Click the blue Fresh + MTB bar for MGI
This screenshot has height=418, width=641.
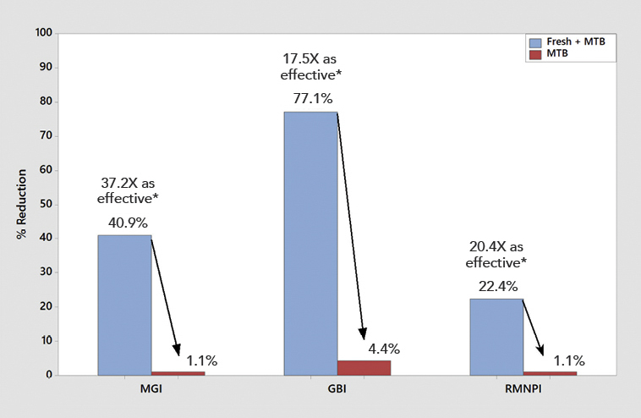(x=124, y=305)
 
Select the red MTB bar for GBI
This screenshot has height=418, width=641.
(x=364, y=367)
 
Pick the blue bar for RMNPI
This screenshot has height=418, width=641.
(x=496, y=337)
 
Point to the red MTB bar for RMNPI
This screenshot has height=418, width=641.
(x=550, y=372)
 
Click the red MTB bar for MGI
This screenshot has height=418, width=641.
(x=178, y=372)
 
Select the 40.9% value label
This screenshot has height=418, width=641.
(x=129, y=223)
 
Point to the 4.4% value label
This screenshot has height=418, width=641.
(x=384, y=349)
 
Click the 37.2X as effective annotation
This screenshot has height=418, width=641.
(x=128, y=190)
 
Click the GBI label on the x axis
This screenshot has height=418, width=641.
(x=337, y=393)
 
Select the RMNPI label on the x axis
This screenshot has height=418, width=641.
(x=523, y=393)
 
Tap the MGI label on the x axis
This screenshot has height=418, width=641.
(x=151, y=393)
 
